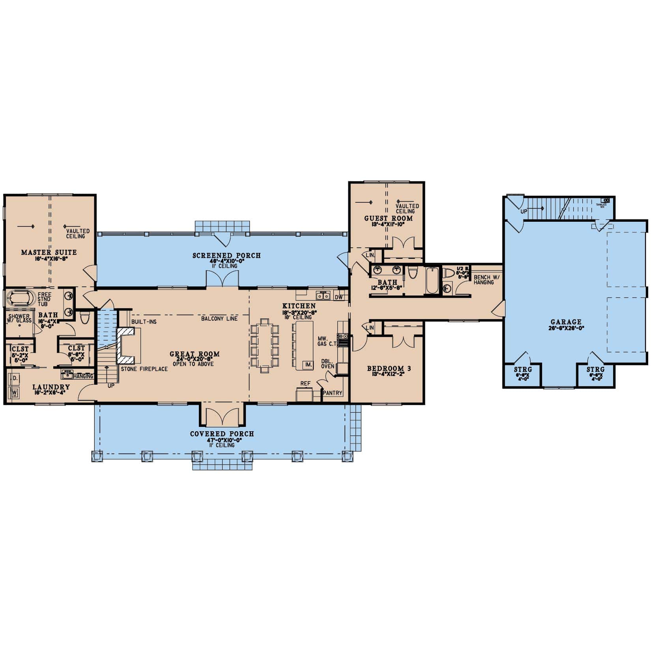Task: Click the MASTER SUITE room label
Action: [x=49, y=252]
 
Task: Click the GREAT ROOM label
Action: [x=195, y=354]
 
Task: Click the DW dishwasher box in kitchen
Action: [x=339, y=297]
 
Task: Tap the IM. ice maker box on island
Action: [x=307, y=365]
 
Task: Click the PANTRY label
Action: [x=333, y=393]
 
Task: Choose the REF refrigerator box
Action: [x=305, y=394]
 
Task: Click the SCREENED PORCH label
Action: [x=226, y=256]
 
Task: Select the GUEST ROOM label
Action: [x=388, y=218]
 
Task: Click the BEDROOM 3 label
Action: [x=389, y=369]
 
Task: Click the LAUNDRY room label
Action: [x=51, y=387]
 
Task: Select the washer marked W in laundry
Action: [x=15, y=393]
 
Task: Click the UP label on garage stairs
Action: [x=524, y=211]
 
